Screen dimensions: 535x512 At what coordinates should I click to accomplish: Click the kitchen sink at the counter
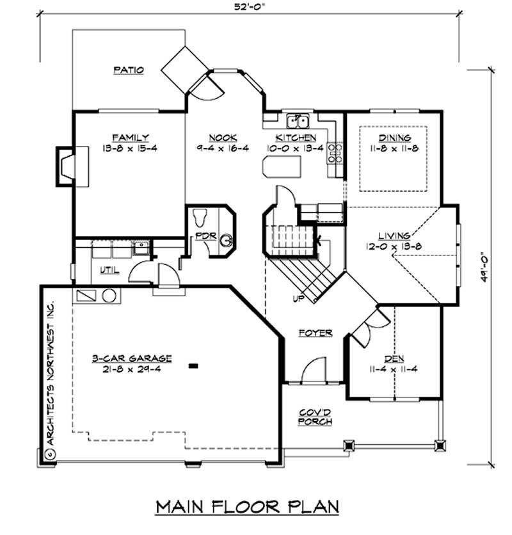(298, 120)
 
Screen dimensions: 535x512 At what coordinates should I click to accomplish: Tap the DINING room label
(394, 138)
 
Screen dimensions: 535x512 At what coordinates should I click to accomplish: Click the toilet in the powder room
(198, 218)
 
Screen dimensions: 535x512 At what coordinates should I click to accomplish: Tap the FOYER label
(315, 333)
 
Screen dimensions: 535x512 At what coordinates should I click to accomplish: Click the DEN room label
(392, 358)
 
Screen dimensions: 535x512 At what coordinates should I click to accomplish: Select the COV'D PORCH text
(315, 417)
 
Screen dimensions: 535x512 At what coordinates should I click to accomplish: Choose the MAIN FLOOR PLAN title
(248, 507)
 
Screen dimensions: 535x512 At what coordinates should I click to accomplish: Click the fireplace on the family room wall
(66, 166)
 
